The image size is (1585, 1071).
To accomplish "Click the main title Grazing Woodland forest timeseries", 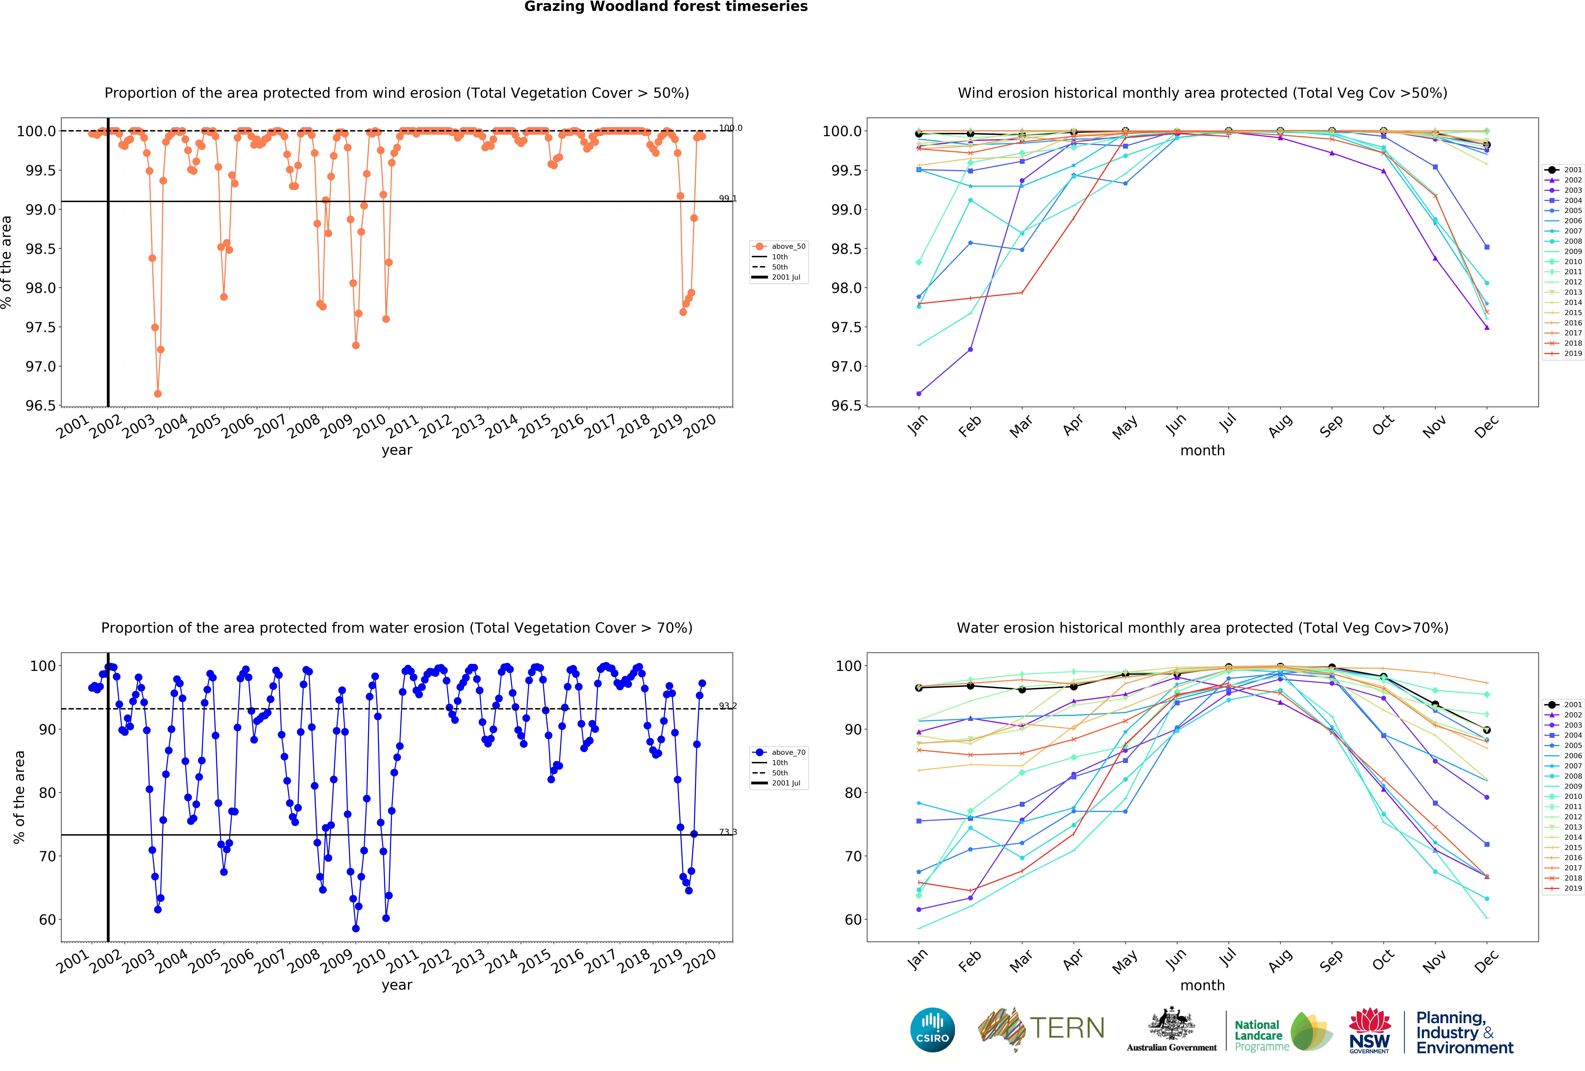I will click(666, 7).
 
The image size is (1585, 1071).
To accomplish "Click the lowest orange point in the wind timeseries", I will click(158, 394).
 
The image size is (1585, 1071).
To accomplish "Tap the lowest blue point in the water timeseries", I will click(355, 928).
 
